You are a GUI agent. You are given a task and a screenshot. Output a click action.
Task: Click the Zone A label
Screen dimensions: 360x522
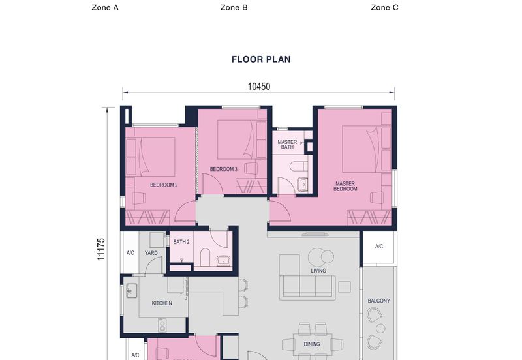(105, 8)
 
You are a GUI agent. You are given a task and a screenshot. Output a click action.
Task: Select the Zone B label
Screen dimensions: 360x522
(234, 8)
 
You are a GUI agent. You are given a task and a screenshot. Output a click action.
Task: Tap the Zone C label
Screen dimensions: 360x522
(384, 8)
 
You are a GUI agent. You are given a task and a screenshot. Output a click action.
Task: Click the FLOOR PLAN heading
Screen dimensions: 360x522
(261, 59)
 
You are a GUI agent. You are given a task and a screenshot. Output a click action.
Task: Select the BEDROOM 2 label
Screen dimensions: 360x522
(164, 185)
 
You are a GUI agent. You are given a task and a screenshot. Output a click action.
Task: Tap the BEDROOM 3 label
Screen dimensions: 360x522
(223, 170)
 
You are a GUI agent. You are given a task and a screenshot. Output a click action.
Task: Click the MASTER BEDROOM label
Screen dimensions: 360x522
(345, 187)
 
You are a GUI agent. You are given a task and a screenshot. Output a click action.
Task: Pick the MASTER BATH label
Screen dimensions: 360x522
(287, 145)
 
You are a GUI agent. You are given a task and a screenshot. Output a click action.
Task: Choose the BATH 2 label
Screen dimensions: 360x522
(181, 242)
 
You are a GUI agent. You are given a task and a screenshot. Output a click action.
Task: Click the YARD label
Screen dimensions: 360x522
(151, 253)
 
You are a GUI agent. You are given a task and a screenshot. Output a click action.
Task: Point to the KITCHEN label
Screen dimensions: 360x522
(162, 303)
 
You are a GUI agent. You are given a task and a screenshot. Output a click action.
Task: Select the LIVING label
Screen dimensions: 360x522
(318, 271)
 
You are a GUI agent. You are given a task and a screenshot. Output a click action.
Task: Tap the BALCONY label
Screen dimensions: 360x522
(378, 301)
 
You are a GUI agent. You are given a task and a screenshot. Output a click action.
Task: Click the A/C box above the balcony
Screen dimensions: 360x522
(379, 247)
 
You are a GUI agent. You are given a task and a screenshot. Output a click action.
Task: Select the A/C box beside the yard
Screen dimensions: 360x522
(130, 253)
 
